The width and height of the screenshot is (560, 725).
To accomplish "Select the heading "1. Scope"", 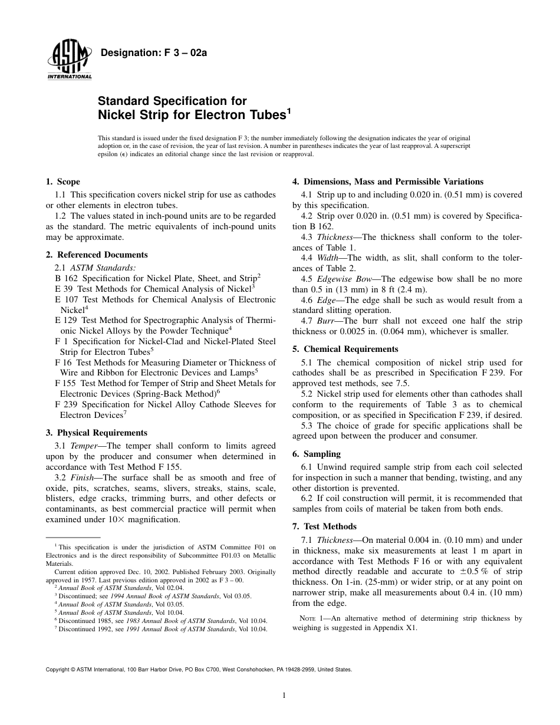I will click(x=62, y=182).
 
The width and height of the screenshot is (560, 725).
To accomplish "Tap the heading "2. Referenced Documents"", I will click(x=97, y=255).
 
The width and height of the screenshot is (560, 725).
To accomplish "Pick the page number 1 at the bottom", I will click(x=284, y=696).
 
